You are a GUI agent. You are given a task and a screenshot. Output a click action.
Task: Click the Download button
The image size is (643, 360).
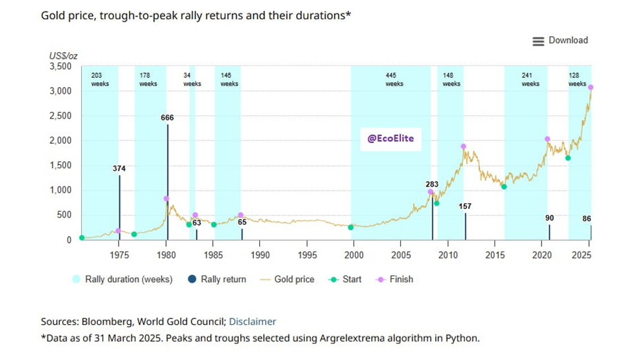tap(560, 41)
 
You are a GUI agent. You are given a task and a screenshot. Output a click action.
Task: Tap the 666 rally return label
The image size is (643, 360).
tap(168, 117)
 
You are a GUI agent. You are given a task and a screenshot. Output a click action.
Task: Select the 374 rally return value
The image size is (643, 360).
tap(119, 169)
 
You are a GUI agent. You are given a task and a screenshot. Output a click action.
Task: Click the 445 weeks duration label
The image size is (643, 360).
tap(394, 80)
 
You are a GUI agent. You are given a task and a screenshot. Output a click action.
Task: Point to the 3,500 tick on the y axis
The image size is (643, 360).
tap(60, 67)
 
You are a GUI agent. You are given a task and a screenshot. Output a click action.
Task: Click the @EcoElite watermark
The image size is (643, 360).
tap(390, 139)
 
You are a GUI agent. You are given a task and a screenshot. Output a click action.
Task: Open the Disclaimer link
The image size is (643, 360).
tap(253, 322)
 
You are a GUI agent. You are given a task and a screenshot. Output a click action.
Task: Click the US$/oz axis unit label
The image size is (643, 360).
tap(63, 55)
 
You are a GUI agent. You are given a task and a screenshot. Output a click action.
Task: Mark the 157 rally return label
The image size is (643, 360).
tap(466, 206)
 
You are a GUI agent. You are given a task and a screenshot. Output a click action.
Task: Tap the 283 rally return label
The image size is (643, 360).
tap(433, 184)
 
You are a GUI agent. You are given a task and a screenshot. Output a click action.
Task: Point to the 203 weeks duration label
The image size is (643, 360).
tap(100, 80)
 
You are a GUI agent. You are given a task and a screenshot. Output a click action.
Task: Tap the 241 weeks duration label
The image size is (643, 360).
tap(530, 80)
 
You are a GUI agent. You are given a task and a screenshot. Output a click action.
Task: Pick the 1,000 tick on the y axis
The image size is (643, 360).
tap(60, 191)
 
